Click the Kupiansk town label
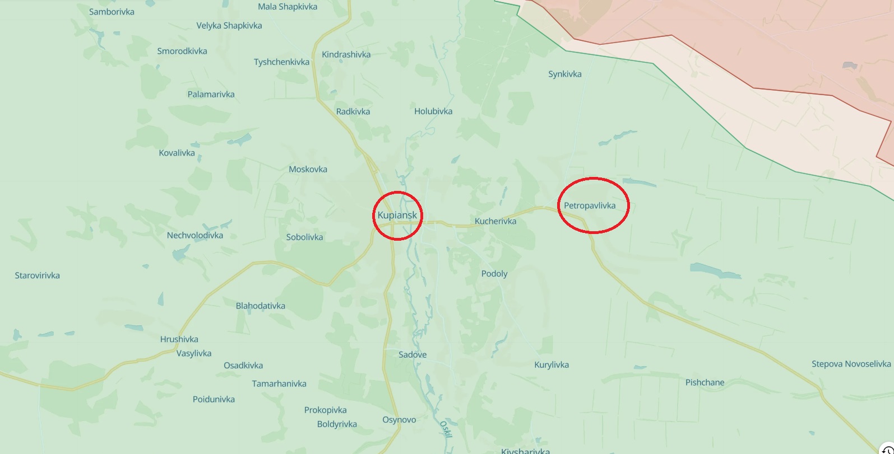pyautogui.click(x=397, y=215)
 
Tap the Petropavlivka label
pyautogui.click(x=590, y=205)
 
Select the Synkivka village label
pyautogui.click(x=564, y=74)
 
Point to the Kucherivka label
pyautogui.click(x=495, y=221)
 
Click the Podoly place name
pyautogui.click(x=494, y=274)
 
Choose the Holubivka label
pyautogui.click(x=433, y=111)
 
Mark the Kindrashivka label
pyautogui.click(x=346, y=55)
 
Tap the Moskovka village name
pyautogui.click(x=308, y=169)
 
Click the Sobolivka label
pyautogui.click(x=304, y=237)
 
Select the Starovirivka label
pyautogui.click(x=37, y=275)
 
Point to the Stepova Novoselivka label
pyautogui.click(x=851, y=364)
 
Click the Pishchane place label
pyautogui.click(x=705, y=382)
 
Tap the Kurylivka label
pyautogui.click(x=552, y=365)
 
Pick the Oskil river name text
pyautogui.click(x=444, y=429)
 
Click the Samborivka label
pyautogui.click(x=112, y=12)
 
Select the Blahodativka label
pyautogui.click(x=260, y=306)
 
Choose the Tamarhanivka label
pyautogui.click(x=279, y=383)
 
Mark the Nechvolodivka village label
pyautogui.click(x=194, y=235)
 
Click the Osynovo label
pyautogui.click(x=399, y=420)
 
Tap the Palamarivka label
pyautogui.click(x=211, y=94)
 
